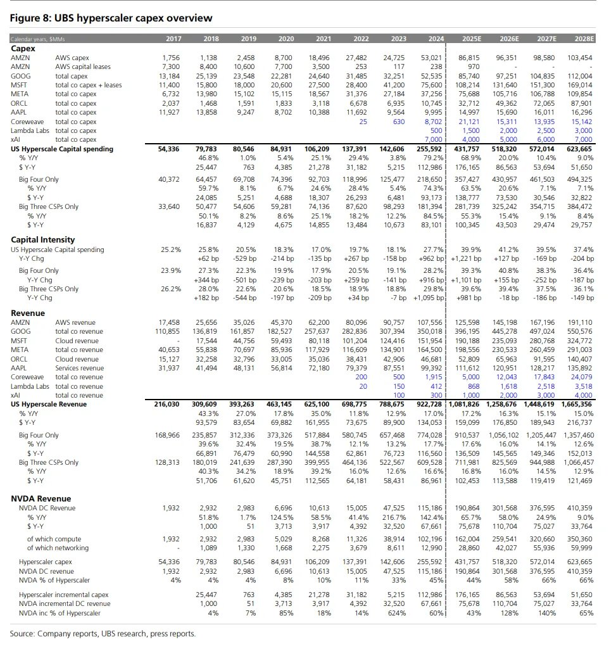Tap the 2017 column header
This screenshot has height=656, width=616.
click(x=173, y=39)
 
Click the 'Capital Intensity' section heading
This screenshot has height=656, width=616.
click(x=42, y=239)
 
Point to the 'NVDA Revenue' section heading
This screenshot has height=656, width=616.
click(x=41, y=498)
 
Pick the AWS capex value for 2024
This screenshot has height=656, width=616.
click(x=430, y=58)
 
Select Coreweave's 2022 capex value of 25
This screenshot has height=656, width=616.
click(x=363, y=121)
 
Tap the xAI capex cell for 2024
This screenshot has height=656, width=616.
click(x=433, y=139)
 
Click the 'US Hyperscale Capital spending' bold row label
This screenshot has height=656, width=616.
click(x=62, y=149)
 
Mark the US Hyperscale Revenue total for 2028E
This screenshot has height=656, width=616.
click(x=577, y=404)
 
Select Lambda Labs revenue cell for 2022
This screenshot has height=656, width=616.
click(x=363, y=386)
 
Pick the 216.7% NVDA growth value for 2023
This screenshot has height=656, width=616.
click(x=394, y=517)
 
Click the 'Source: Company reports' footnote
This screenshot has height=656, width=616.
click(x=103, y=634)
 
